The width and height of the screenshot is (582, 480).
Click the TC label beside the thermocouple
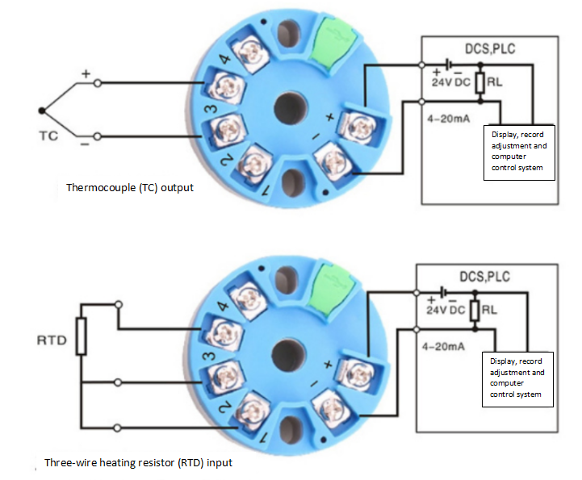click(48, 136)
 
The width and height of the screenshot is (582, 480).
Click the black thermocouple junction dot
click(42, 111)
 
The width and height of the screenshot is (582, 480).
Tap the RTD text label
click(52, 340)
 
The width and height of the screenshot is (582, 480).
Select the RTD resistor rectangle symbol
click(82, 336)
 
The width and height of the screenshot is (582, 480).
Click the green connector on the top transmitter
click(337, 41)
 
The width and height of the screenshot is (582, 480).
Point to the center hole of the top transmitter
click(291, 108)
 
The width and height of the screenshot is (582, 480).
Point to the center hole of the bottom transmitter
click(288, 356)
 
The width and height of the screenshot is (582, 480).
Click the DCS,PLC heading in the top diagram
click(490, 49)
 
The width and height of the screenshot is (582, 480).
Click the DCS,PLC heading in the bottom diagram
click(485, 277)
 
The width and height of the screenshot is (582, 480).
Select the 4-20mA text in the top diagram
click(448, 119)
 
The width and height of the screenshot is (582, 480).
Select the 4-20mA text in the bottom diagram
click(443, 346)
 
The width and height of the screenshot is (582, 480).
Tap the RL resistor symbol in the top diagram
click(480, 83)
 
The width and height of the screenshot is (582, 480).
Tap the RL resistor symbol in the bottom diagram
click(475, 311)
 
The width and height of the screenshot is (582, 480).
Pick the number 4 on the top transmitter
click(224, 59)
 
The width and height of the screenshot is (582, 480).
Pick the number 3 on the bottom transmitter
click(209, 356)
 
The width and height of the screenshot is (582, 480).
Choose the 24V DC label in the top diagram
click(451, 82)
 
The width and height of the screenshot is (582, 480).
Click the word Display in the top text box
click(504, 135)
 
